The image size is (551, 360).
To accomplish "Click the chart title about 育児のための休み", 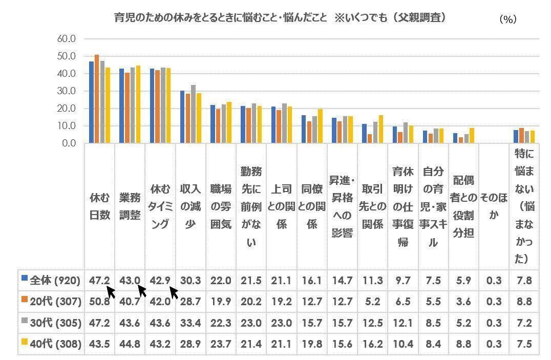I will pos(279,17).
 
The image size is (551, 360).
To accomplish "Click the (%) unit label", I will pos(507,19).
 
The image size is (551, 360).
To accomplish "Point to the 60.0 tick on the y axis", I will pos(67,39).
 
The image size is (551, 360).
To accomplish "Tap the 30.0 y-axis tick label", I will pos(67,91).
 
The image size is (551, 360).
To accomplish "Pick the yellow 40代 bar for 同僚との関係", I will pos(321,126).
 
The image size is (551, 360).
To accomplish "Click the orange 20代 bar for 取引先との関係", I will pos(369,139).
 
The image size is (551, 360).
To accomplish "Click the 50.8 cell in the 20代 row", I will pos(99,302).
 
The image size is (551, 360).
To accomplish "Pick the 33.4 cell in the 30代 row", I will pos(190,323).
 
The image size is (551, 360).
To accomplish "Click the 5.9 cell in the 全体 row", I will pos(463,280).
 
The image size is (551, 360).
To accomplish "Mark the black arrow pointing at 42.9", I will pos(174,293).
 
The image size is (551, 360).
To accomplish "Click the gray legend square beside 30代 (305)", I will pos(24,323).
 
